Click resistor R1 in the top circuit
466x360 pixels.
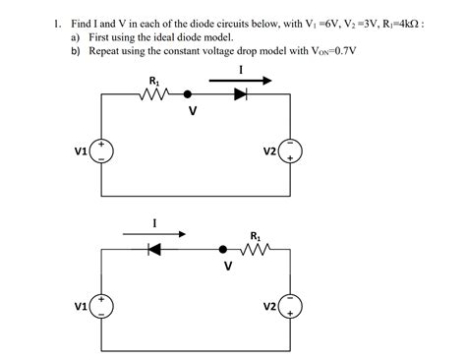click(x=154, y=96)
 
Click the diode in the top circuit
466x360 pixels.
click(x=239, y=96)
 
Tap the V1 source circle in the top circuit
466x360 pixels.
click(x=103, y=150)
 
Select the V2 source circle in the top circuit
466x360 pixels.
click(x=292, y=150)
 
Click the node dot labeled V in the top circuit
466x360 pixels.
click(x=190, y=96)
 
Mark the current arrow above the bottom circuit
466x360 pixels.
click(x=154, y=234)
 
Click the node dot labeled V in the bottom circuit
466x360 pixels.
click(x=225, y=250)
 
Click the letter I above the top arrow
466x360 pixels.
click(x=241, y=67)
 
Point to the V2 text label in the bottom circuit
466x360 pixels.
click(x=269, y=307)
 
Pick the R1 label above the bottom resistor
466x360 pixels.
click(x=256, y=235)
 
